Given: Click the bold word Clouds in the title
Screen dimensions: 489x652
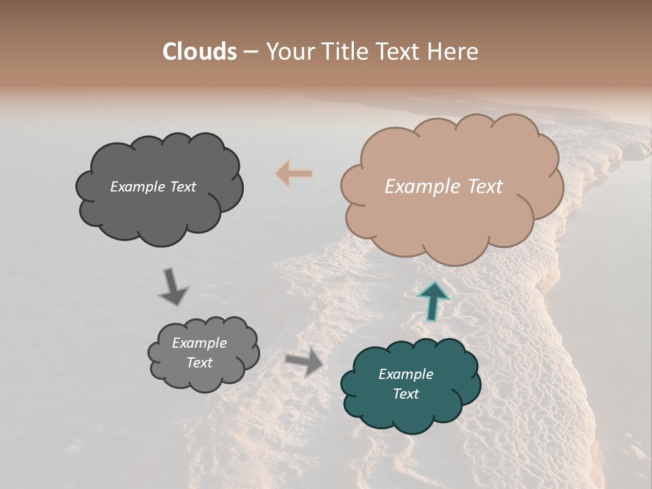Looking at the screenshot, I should point(200,52).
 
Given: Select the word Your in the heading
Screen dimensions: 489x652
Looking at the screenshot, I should point(290,52).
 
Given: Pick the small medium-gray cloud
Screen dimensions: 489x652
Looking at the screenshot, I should point(204,380).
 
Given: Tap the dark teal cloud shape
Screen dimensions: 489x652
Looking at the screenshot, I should point(411,414).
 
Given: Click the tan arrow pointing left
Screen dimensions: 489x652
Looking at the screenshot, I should point(294,174).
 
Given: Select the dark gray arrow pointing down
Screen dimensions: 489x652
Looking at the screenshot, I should point(173,287).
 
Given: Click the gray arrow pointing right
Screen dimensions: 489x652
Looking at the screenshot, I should point(304,363).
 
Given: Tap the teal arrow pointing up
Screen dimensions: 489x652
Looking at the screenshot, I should point(433,301).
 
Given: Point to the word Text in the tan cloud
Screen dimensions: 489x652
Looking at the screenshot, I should point(485,187).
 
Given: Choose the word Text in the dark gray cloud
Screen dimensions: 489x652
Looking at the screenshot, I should point(182,187).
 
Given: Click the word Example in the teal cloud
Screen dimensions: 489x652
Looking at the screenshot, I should point(405,374).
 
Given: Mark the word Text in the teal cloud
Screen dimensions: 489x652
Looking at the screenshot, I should point(405,394).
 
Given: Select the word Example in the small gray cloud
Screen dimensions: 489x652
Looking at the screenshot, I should point(199,343).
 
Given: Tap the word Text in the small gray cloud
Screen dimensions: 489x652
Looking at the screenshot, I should point(199,363).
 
